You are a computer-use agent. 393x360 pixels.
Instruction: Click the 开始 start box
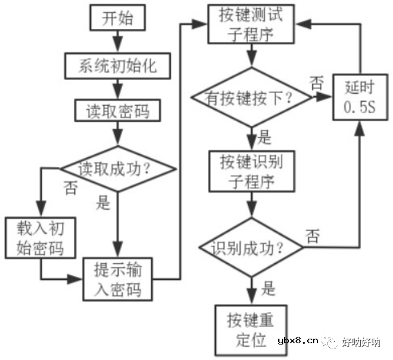click(x=116, y=19)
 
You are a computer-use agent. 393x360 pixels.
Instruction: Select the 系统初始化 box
click(x=116, y=65)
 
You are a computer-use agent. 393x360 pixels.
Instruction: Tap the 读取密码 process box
click(x=116, y=111)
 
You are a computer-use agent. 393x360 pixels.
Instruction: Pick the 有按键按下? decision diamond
click(x=250, y=98)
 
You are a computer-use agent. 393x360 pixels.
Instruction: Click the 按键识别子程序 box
click(x=250, y=172)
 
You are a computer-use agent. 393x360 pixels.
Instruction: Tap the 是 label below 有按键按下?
click(x=265, y=137)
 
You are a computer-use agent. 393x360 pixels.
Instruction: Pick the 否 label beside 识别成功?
click(x=312, y=235)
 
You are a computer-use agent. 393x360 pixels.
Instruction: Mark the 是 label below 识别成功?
click(x=268, y=287)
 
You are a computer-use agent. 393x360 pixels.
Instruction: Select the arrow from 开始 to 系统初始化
click(x=116, y=43)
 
